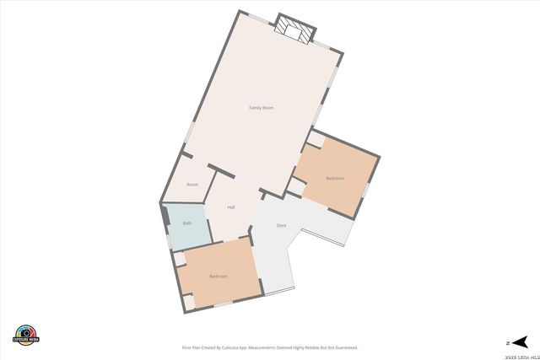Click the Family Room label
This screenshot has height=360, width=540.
coord(261,108)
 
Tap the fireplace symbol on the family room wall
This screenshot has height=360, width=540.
coord(295,28)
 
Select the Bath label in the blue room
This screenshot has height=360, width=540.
coord(187,223)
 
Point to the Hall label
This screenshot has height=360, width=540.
coord(230,207)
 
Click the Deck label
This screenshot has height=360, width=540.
coord(282,225)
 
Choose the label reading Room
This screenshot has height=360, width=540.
coord(192,184)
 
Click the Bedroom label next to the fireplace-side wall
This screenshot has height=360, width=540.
coord(335,178)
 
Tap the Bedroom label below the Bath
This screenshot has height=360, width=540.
coord(219,277)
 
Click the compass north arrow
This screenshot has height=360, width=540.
coord(521,341)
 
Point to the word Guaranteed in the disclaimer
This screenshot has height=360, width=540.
coord(344,347)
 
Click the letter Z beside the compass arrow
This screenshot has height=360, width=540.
coord(507,342)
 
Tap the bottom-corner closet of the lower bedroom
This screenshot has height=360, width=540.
coord(188,300)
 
